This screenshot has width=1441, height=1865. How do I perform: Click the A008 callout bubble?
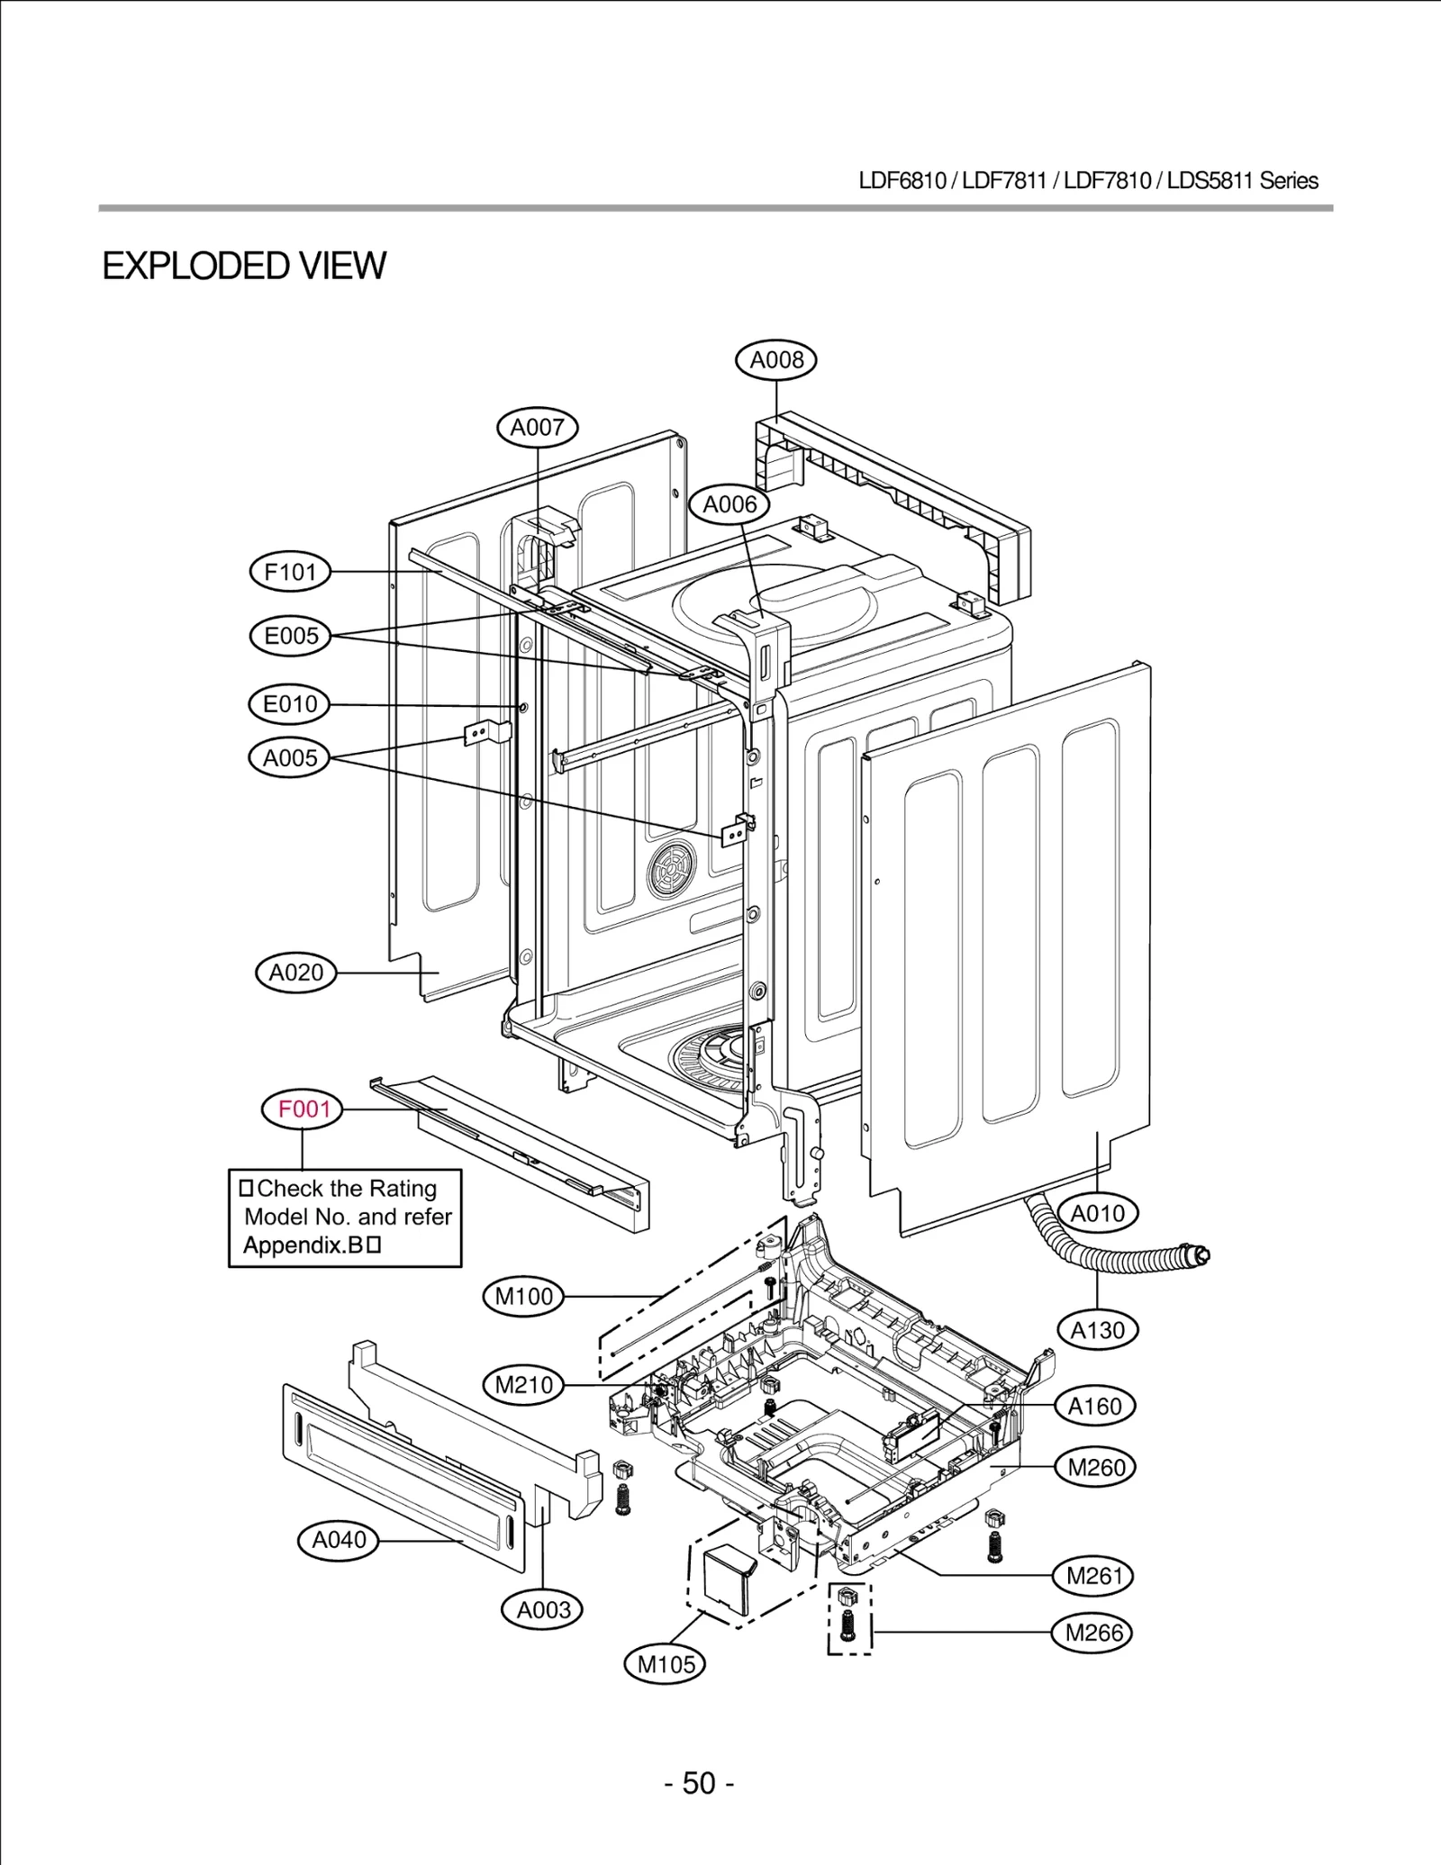coord(776,360)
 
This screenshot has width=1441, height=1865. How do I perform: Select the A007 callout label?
coord(538,428)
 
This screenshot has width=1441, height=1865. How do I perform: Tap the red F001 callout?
coord(304,1109)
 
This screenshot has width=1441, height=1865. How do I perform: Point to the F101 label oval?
coord(290,572)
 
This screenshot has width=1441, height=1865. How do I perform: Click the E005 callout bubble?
coord(290,636)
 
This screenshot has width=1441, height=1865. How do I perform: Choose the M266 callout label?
coord(1093,1633)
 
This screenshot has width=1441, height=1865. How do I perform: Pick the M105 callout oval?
coord(666,1664)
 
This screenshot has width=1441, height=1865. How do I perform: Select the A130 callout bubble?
coord(1097,1329)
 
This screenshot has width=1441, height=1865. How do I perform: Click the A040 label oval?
coord(339,1540)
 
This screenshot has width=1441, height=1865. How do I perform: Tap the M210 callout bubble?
coord(524,1384)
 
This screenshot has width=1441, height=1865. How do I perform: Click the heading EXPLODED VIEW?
coord(244,267)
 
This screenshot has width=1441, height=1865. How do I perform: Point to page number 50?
coord(699,1783)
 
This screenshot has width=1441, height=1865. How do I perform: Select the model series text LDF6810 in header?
coord(902,181)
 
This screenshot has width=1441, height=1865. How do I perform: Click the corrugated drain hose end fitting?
coord(1197,1254)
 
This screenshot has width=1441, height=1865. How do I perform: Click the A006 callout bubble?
coord(730,504)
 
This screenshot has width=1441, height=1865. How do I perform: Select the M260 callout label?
coord(1095,1467)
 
